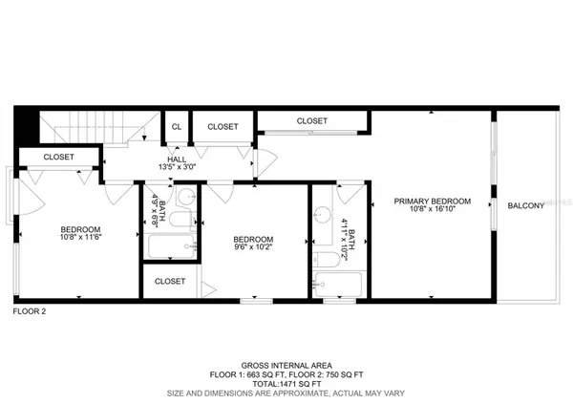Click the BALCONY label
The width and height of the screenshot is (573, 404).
coord(525,206)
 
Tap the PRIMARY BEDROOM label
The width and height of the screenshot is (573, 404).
coord(434,201)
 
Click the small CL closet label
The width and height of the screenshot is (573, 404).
coord(176,125)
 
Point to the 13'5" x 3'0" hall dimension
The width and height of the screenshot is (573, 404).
coord(176,167)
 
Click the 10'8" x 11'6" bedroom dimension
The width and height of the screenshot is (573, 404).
coord(80,238)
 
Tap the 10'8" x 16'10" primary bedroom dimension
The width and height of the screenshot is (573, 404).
coord(434,210)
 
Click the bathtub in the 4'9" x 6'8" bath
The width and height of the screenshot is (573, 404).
coord(172,247)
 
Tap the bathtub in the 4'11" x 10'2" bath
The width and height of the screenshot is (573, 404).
coord(338,284)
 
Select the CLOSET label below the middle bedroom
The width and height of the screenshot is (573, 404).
coord(170,282)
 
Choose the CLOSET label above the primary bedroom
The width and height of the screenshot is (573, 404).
coord(312,121)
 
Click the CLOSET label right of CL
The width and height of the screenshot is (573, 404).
coord(223,125)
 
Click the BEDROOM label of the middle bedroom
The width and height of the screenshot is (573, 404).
coord(254,239)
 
